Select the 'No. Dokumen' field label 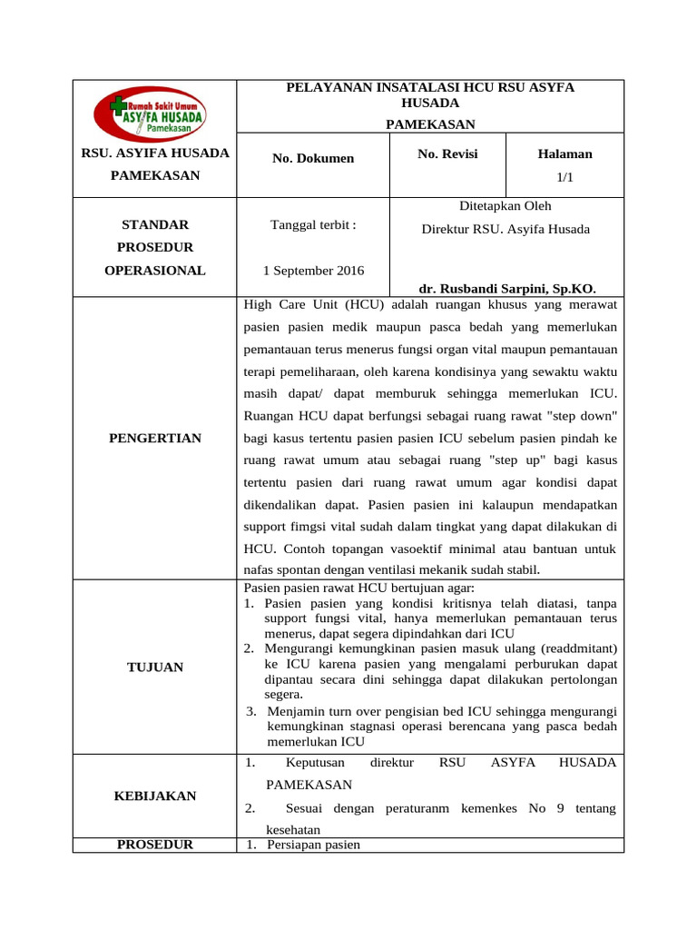pos(313,158)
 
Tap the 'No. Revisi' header pos(447,154)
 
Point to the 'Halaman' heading pos(564,154)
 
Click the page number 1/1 pos(564,180)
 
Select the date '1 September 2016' pos(313,271)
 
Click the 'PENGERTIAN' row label pos(155,438)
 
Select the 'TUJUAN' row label pos(155,667)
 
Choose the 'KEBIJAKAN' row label pos(155,796)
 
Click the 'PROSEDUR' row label pos(155,845)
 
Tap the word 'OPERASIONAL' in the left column pos(155,270)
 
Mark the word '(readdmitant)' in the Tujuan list pos(574,648)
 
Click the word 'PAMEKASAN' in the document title pos(430,124)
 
